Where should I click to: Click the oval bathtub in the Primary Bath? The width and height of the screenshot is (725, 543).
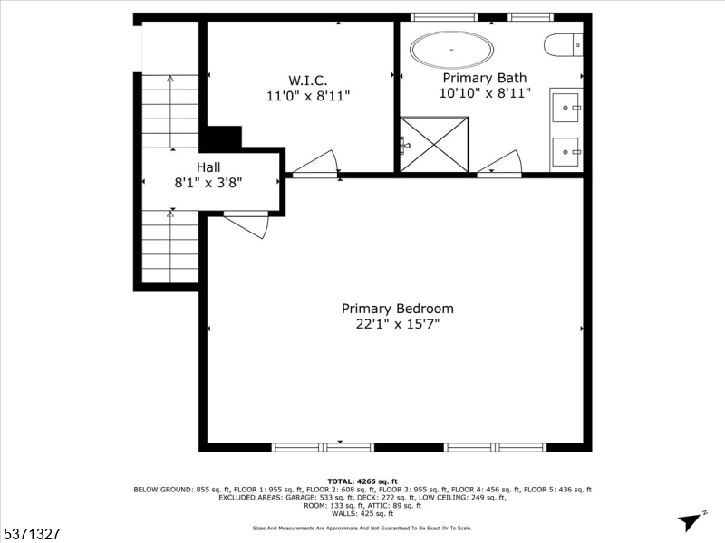[x=452, y=51]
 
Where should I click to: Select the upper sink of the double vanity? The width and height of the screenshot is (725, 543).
[x=567, y=108]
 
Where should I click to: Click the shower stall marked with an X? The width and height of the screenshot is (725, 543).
[x=433, y=144]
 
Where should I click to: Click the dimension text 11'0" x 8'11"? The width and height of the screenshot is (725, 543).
[x=308, y=94]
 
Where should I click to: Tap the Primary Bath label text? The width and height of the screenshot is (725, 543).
[x=485, y=78]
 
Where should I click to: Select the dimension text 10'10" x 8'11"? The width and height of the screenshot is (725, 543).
[x=485, y=92]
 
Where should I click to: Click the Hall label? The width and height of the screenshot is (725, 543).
[x=208, y=167]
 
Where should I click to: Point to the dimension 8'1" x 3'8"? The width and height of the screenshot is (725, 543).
[x=208, y=182]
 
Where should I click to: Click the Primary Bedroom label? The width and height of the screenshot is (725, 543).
[x=397, y=309]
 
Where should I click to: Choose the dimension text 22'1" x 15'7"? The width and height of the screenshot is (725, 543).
[x=397, y=324]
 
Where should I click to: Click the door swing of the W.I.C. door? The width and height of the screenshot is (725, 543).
[x=314, y=163]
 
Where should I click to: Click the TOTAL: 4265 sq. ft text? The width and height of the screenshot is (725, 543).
[x=362, y=481]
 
